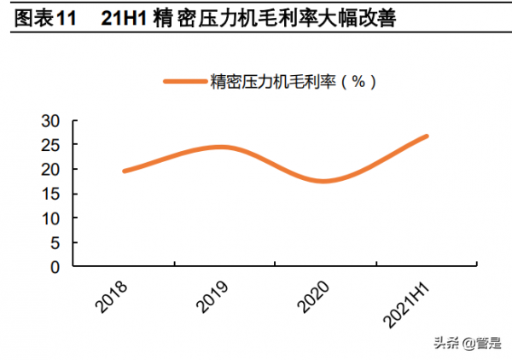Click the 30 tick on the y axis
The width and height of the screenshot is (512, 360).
click(x=54, y=121)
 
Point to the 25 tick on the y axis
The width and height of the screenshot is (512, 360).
click(x=54, y=145)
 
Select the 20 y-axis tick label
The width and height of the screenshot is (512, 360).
click(x=54, y=170)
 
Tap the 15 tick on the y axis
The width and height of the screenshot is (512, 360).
click(x=54, y=194)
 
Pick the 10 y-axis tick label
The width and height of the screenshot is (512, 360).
click(x=54, y=218)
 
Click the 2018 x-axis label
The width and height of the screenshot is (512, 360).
click(x=110, y=294)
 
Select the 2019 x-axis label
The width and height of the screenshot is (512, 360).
click(x=211, y=294)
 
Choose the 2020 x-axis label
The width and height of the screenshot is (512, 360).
click(x=311, y=294)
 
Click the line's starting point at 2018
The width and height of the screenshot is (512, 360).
click(x=125, y=171)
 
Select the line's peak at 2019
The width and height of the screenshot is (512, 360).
click(x=220, y=147)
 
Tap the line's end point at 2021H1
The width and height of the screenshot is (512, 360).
click(x=426, y=136)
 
